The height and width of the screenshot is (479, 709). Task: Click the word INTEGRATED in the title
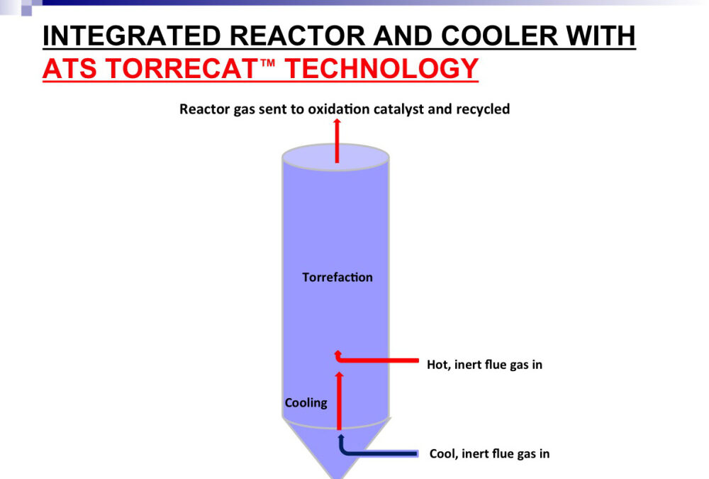[132, 35]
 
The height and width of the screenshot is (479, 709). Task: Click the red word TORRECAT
[182, 68]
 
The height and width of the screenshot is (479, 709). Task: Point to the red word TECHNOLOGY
[381, 68]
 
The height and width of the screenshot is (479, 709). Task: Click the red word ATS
[69, 68]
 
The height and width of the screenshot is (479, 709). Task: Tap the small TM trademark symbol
[267, 62]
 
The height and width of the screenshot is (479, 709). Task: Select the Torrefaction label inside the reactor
[337, 277]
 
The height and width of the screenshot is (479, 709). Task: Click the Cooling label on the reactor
[306, 403]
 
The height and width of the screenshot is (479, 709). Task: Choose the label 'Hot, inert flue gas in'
[485, 365]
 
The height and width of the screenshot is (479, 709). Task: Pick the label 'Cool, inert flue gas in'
[490, 453]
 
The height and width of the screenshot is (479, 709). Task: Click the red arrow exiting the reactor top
[337, 141]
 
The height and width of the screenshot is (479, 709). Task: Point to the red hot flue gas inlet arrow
[376, 360]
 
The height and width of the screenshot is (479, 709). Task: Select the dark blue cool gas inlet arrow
[378, 453]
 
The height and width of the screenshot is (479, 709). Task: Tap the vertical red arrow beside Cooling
[339, 401]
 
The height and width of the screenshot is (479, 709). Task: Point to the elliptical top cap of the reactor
[335, 157]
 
